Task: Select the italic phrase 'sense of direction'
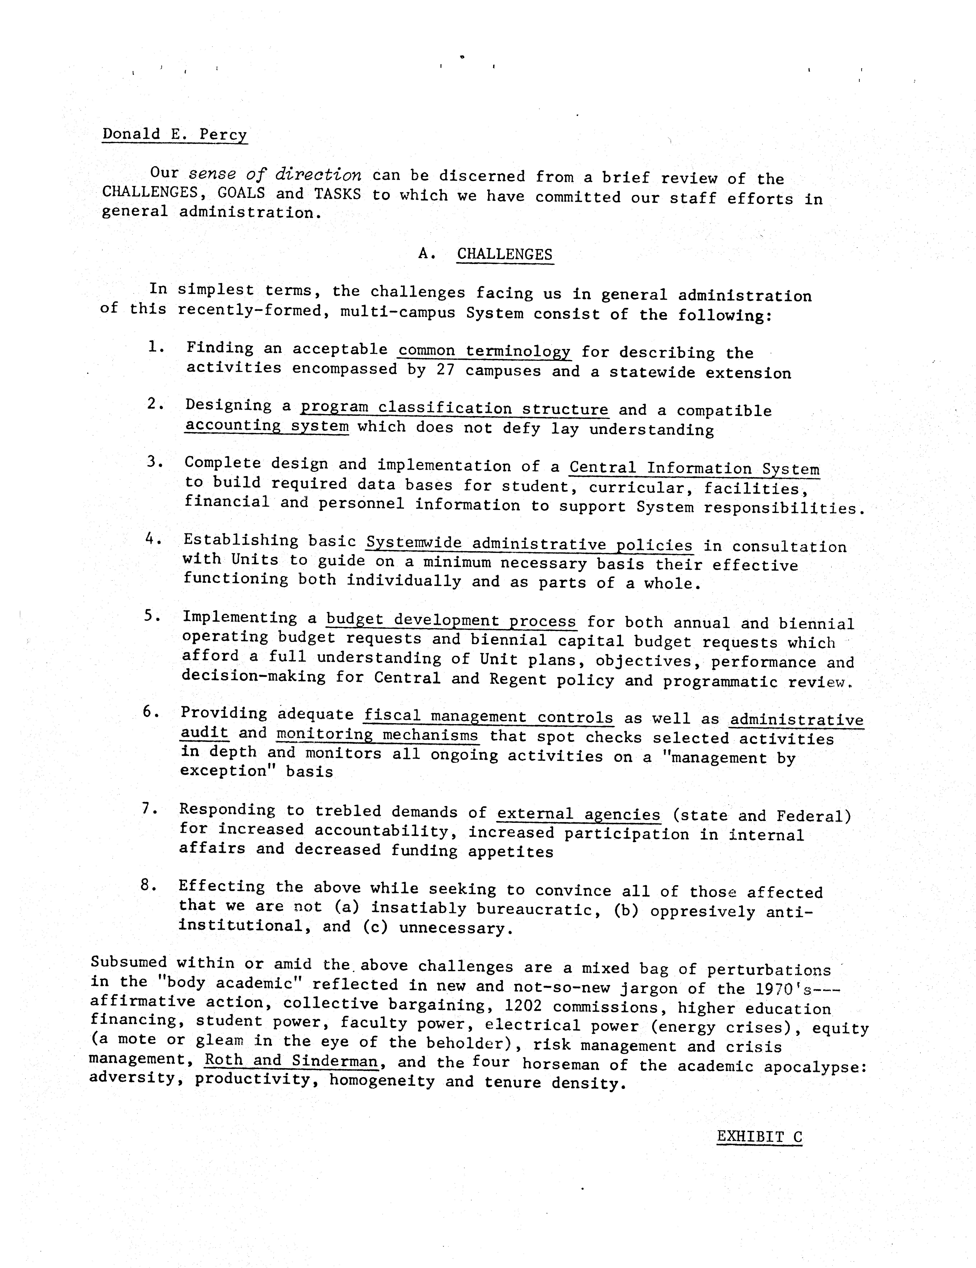click(275, 174)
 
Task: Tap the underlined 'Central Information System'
click(694, 469)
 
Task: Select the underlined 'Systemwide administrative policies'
click(529, 544)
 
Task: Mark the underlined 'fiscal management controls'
click(488, 717)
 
